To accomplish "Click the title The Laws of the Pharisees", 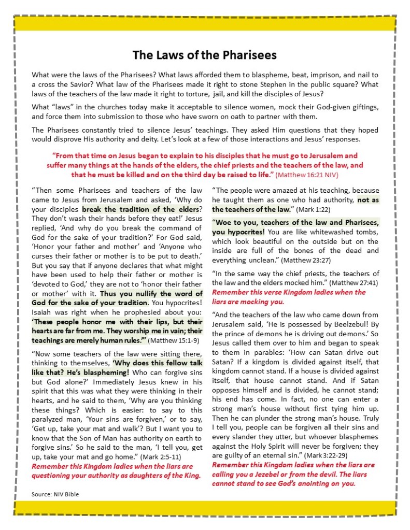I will click(x=205, y=55).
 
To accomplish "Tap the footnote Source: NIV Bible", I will click(x=55, y=494).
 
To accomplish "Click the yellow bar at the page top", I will click(x=205, y=23).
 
